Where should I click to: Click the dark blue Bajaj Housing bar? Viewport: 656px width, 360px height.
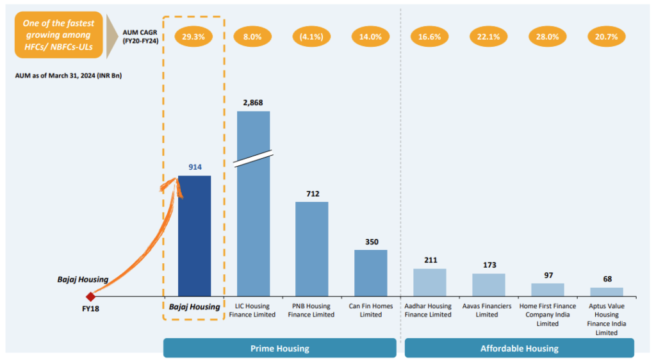pyautogui.click(x=194, y=235)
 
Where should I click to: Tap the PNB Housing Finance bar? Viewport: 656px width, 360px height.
pyautogui.click(x=311, y=249)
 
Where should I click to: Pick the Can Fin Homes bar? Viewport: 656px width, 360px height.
pyautogui.click(x=370, y=272)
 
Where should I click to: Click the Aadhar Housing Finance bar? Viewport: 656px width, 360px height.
pyautogui.click(x=429, y=282)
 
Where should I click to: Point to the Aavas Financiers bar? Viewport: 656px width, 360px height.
pyautogui.click(x=488, y=284)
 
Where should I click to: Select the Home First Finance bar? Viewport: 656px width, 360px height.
pyautogui.click(x=547, y=290)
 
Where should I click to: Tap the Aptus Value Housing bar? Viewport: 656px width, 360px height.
pyautogui.click(x=606, y=291)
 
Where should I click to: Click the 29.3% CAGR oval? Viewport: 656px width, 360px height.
pyautogui.click(x=193, y=37)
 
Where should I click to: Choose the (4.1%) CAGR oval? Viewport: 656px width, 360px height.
pyautogui.click(x=311, y=37)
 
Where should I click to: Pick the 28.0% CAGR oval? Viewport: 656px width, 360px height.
pyautogui.click(x=547, y=37)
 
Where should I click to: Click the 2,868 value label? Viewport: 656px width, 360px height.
pyautogui.click(x=253, y=102)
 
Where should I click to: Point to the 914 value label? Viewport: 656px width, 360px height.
pyautogui.click(x=195, y=167)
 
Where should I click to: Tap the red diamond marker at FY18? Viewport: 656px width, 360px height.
pyautogui.click(x=90, y=297)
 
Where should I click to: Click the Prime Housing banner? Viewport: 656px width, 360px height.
pyautogui.click(x=279, y=348)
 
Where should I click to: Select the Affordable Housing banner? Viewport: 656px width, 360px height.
pyautogui.click(x=519, y=348)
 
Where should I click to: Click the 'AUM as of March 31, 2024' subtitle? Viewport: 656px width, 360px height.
pyautogui.click(x=69, y=76)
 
